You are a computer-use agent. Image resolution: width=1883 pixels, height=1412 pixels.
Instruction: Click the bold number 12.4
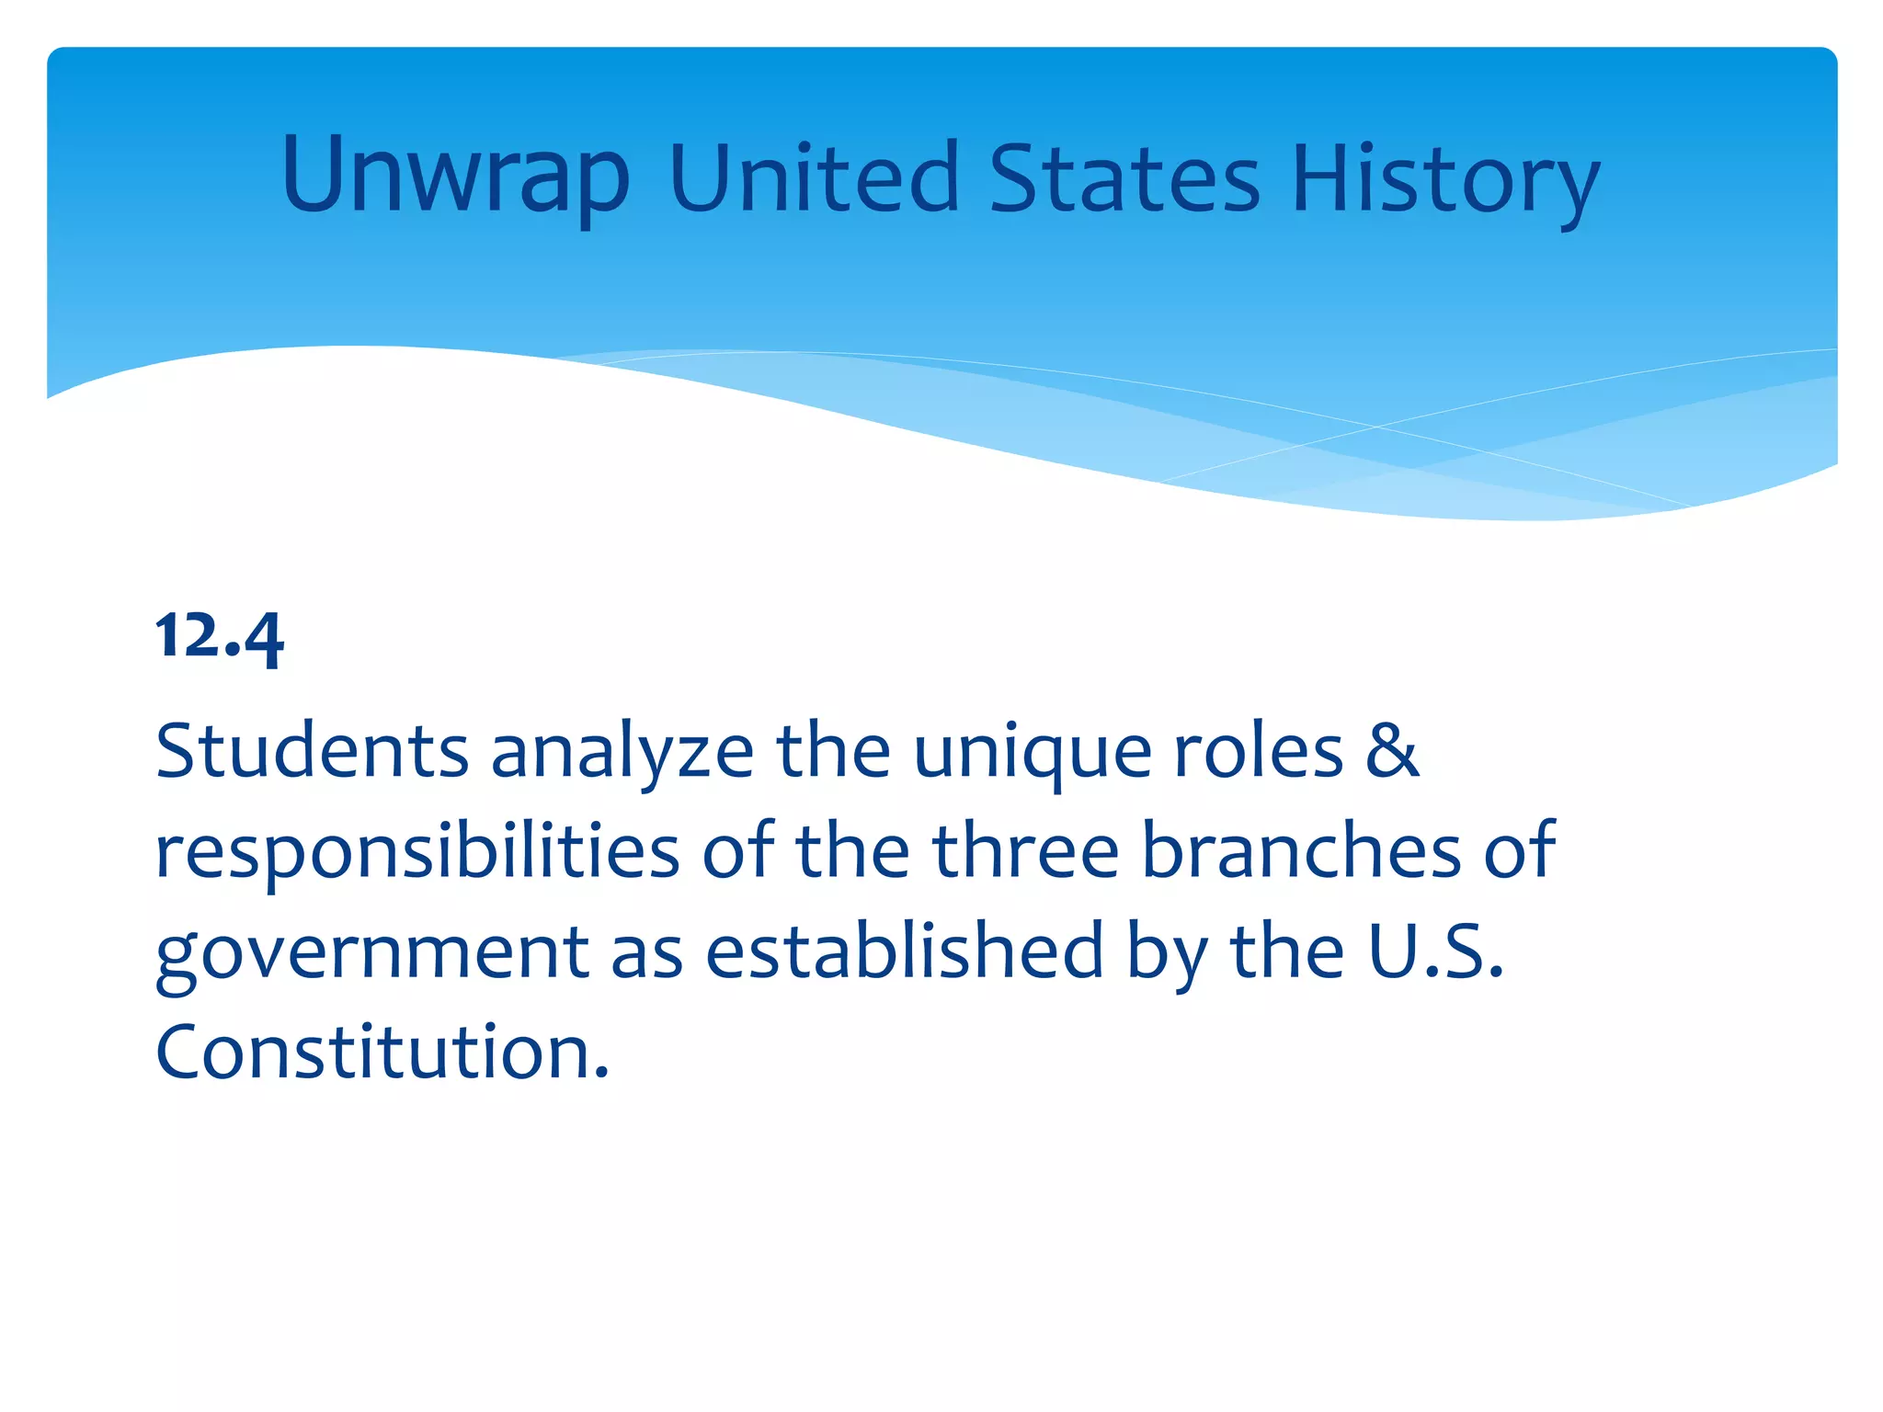220,636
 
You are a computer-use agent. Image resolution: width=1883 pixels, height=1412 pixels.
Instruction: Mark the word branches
1300,850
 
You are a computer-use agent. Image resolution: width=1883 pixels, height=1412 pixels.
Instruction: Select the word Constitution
373,1051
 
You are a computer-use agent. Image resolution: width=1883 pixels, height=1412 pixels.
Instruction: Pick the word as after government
647,952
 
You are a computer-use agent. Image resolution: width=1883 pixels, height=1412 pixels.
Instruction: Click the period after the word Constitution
601,1072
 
